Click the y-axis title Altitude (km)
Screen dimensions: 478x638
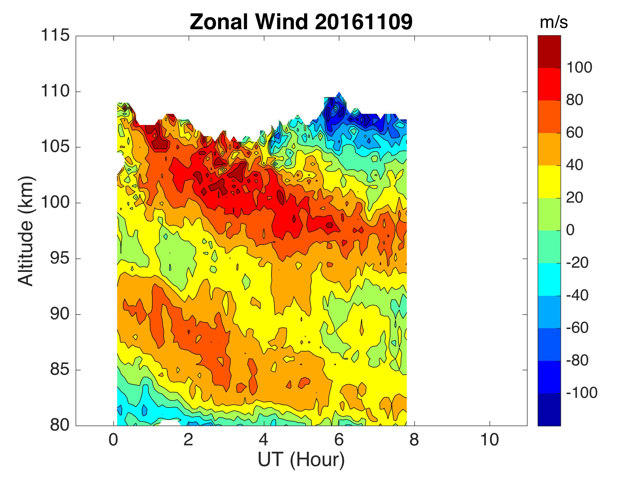point(26,231)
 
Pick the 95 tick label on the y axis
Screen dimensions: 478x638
point(60,259)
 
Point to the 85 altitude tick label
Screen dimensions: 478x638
point(60,370)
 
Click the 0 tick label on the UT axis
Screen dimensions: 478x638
point(113,440)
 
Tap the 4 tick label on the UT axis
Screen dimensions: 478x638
point(264,440)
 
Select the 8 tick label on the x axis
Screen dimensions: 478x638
point(414,440)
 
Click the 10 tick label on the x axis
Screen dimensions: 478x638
point(489,440)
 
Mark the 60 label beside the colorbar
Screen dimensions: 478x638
point(574,133)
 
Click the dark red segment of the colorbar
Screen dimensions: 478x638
point(549,52)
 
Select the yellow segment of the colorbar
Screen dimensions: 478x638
point(549,182)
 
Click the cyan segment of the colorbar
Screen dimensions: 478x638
point(549,279)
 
